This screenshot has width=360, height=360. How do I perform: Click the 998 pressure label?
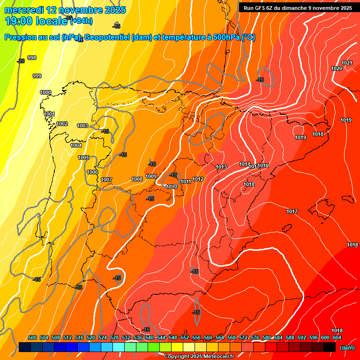32,58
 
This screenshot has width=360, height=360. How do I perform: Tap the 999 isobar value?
37,76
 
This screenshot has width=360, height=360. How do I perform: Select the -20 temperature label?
21,61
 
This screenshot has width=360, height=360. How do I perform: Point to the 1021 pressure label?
347,63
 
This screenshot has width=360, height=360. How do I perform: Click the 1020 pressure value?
337,68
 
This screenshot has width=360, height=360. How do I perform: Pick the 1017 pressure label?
292,211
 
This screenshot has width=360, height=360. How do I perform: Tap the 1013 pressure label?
221,167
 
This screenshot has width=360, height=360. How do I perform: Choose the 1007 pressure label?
106,180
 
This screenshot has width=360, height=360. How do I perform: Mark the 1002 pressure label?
62,124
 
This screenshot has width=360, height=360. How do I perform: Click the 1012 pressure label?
198,179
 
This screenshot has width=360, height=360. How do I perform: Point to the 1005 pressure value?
83,157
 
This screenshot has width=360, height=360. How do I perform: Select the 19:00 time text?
19,21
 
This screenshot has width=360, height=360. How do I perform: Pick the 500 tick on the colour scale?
32,337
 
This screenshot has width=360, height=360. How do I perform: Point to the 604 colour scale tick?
337,337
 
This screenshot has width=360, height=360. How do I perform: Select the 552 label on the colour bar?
185,337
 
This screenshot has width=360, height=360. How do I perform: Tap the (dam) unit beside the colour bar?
347,348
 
